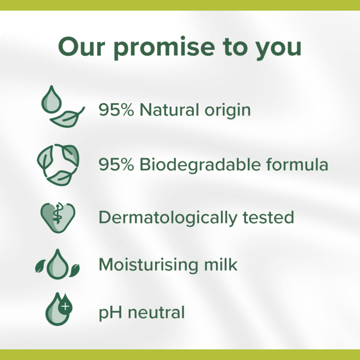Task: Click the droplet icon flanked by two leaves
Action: point(58,265)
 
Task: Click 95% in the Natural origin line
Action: point(116,110)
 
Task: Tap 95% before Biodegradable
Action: point(116,164)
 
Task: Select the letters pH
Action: point(109,313)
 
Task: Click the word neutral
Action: point(156,313)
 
